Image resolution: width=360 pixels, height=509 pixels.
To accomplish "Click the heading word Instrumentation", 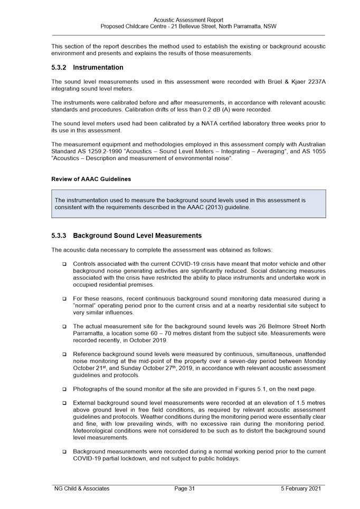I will (x=98, y=68).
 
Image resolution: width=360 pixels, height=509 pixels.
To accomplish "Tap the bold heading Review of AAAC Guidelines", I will (x=91, y=179).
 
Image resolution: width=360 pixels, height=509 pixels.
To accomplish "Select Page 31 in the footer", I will (x=185, y=488).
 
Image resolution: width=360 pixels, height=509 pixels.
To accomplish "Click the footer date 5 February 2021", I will (x=301, y=488).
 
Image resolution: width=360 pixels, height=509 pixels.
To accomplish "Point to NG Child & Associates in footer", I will (x=82, y=488).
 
